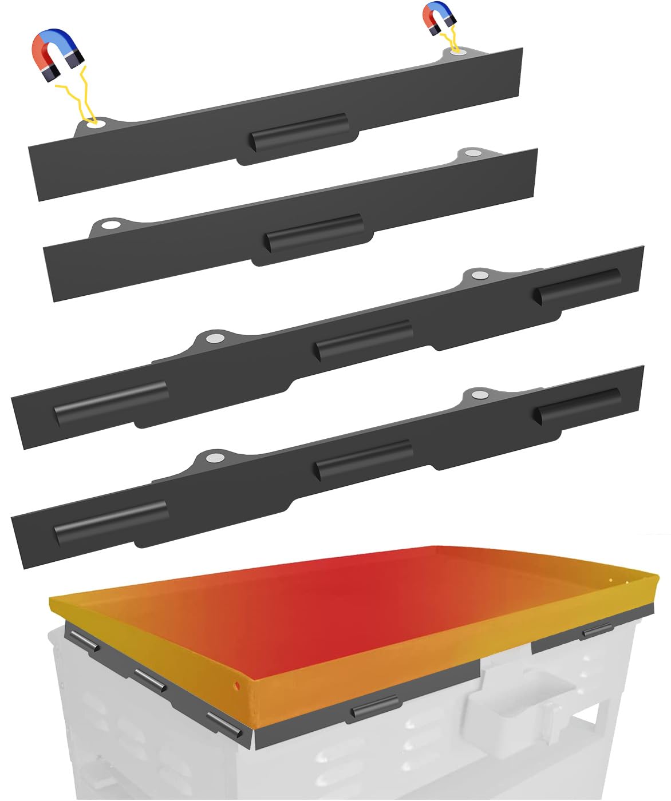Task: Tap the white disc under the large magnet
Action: [x=95, y=124]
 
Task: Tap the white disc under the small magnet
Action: [x=456, y=51]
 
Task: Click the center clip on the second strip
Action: [x=314, y=231]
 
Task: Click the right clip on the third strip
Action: [x=577, y=285]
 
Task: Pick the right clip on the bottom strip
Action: [x=577, y=405]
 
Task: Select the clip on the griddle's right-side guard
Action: [x=596, y=632]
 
